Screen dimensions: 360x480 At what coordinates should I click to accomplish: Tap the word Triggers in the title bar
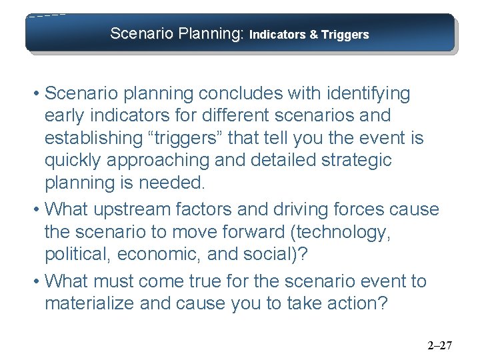tap(345, 35)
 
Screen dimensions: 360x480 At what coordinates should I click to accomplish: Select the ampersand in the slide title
tap(313, 35)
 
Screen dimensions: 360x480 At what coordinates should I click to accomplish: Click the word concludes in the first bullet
tap(227, 93)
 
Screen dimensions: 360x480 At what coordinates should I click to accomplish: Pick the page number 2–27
tap(439, 345)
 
